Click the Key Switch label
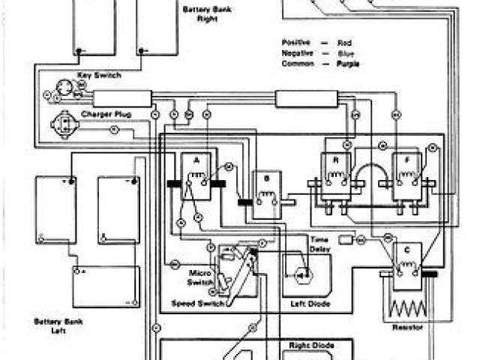tap(99, 75)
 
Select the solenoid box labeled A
tap(196, 178)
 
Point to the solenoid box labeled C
tap(406, 267)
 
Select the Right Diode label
tap(310, 346)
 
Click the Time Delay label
tap(320, 243)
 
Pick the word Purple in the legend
tap(349, 64)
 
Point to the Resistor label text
tap(406, 328)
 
